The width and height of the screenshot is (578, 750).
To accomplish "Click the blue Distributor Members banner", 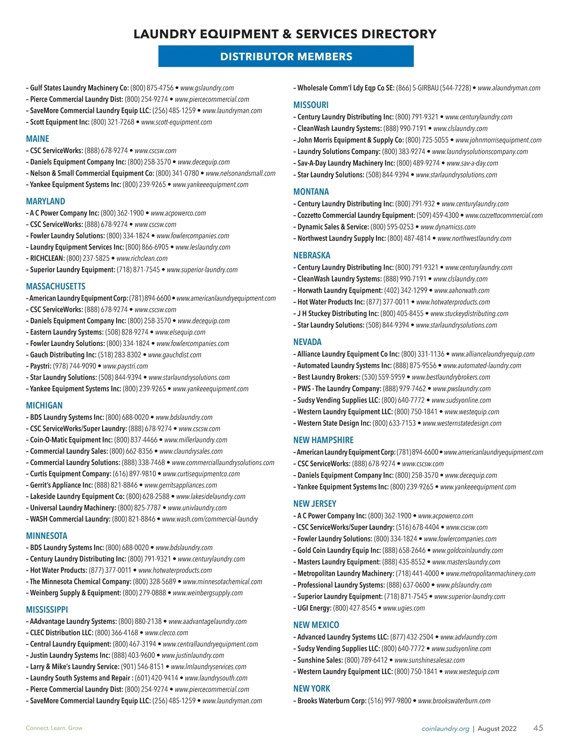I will (x=286, y=56).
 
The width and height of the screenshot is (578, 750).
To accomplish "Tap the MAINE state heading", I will (x=38, y=139).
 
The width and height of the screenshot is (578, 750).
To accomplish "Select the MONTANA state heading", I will (x=311, y=192).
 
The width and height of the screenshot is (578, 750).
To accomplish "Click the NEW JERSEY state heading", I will (x=315, y=504).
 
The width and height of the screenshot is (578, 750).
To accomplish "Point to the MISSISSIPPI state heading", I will (x=47, y=609).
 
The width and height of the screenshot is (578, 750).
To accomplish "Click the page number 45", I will (x=538, y=728).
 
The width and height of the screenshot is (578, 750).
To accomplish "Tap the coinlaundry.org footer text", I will (x=445, y=728).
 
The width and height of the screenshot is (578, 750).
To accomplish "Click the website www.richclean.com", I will (x=142, y=259).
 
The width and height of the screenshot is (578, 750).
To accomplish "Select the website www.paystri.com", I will (x=125, y=366).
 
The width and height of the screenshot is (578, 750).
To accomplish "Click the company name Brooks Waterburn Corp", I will (x=331, y=701).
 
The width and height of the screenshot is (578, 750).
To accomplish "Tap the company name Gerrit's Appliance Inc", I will (x=61, y=485).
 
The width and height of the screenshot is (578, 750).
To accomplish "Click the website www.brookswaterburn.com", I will (x=454, y=701).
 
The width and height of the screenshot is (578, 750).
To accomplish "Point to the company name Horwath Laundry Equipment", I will (x=340, y=290).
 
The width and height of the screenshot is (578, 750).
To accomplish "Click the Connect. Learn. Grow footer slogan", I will (x=54, y=728).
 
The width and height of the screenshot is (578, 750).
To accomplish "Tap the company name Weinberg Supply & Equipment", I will (x=75, y=593).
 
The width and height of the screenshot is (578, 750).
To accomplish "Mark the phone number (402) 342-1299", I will (x=406, y=290).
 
